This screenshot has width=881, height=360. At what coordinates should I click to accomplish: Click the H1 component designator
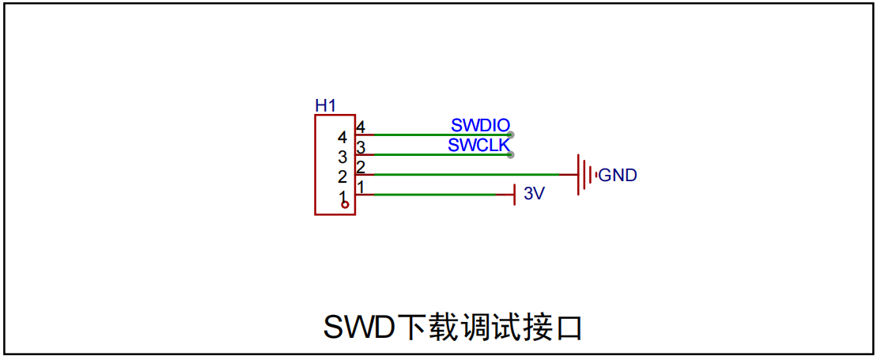pyautogui.click(x=325, y=105)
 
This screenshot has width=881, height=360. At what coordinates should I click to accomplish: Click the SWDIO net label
pyautogui.click(x=481, y=125)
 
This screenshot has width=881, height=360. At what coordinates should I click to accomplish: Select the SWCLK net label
pyautogui.click(x=478, y=145)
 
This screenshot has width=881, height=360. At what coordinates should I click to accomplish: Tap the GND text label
pyautogui.click(x=618, y=176)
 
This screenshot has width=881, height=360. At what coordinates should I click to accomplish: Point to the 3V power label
pyautogui.click(x=535, y=194)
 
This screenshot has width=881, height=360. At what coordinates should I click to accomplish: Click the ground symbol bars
pyautogui.click(x=586, y=175)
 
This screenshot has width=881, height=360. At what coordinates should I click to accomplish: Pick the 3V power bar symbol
pyautogui.click(x=514, y=195)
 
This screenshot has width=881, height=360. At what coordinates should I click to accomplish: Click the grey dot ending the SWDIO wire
pyautogui.click(x=510, y=135)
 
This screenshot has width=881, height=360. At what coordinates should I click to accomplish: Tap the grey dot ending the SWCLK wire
pyautogui.click(x=510, y=155)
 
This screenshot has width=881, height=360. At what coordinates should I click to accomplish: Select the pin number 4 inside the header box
pyautogui.click(x=342, y=137)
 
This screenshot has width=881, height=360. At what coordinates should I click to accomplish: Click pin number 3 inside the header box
pyautogui.click(x=342, y=157)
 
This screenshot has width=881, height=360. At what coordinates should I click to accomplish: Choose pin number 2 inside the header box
pyautogui.click(x=342, y=176)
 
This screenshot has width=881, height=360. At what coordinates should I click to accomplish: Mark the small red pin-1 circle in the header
pyautogui.click(x=346, y=205)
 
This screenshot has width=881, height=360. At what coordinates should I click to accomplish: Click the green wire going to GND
pyautogui.click(x=467, y=175)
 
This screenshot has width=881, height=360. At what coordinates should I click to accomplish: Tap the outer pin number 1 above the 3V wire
pyautogui.click(x=361, y=187)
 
